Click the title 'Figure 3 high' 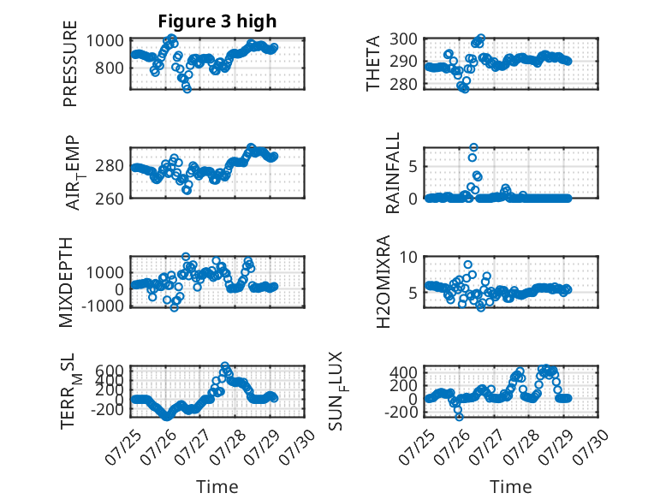click(x=217, y=21)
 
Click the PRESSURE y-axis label click(x=70, y=63)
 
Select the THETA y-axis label click(x=372, y=63)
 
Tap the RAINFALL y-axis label click(x=392, y=172)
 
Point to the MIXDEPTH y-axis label click(x=66, y=282)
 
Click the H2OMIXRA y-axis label click(x=384, y=282)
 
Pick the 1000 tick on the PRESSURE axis click(x=105, y=41)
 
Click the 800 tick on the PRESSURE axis click(x=110, y=68)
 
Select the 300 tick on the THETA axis click(x=403, y=39)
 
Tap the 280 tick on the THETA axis click(x=403, y=84)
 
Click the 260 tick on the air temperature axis click(x=110, y=199)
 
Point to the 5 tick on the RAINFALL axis click(x=413, y=166)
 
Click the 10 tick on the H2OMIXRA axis click(x=408, y=257)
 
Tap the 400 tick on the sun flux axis click(x=403, y=372)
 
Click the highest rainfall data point click(x=473, y=147)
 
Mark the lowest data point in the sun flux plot click(x=459, y=417)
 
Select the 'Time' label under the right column click(x=510, y=487)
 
